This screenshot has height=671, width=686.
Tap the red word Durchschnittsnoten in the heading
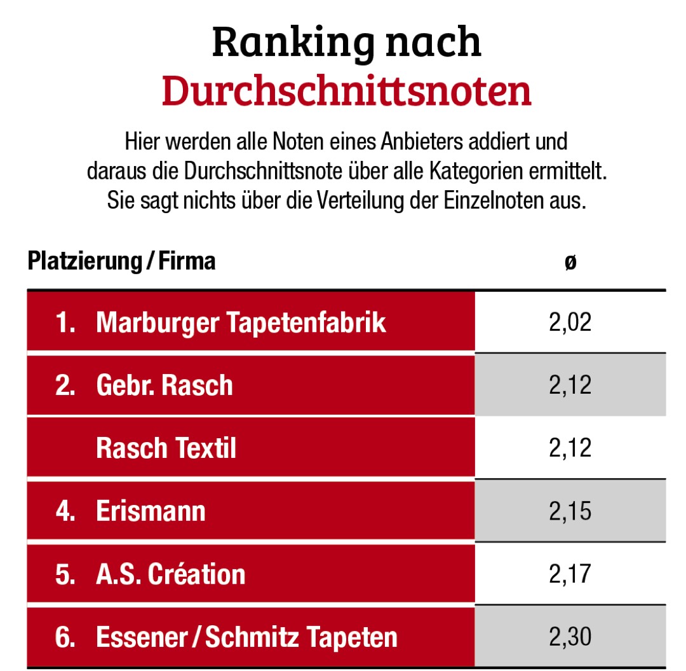click(x=346, y=91)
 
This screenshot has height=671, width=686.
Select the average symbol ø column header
click(x=570, y=262)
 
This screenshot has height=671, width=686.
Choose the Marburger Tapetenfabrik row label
click(x=241, y=322)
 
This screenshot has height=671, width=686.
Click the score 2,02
click(x=570, y=322)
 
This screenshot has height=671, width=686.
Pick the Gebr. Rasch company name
click(x=165, y=385)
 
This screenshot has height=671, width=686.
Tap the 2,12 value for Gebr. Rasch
click(x=570, y=385)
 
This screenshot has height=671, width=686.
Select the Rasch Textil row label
click(x=166, y=448)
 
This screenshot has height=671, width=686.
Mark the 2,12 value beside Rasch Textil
click(x=570, y=448)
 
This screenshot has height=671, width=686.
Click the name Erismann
click(x=151, y=511)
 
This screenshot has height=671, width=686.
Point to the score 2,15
click(x=570, y=511)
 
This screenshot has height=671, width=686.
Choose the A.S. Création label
click(x=170, y=574)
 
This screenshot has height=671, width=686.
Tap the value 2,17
click(x=570, y=574)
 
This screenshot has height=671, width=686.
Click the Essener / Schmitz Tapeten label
click(x=246, y=637)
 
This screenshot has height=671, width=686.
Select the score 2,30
click(x=570, y=637)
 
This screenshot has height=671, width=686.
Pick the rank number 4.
click(x=65, y=511)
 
